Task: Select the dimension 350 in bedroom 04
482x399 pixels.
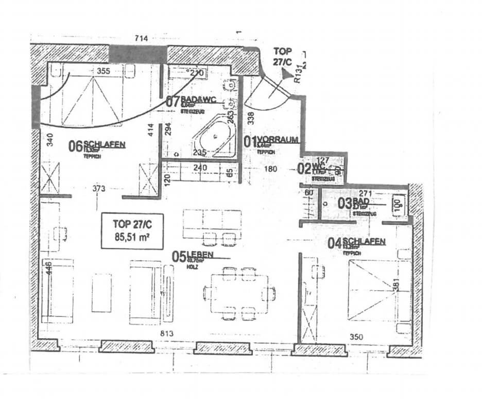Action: point(356,337)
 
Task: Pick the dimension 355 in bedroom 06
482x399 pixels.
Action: point(102,71)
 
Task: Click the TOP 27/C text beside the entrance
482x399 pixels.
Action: point(283,56)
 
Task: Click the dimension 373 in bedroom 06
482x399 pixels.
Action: point(99,189)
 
